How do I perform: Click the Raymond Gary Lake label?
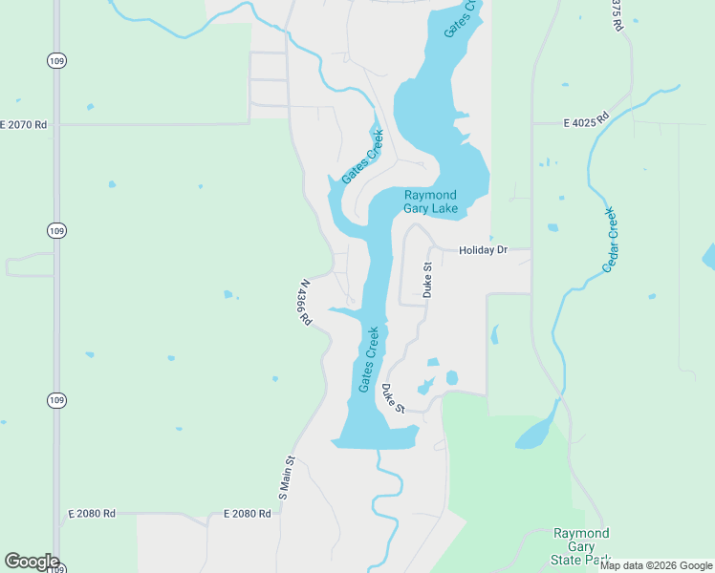(x=430, y=202)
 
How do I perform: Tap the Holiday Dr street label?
(x=482, y=250)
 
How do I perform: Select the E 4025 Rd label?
(x=586, y=122)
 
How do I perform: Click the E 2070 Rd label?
(x=23, y=124)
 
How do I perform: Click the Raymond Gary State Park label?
(x=581, y=546)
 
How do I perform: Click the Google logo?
(x=31, y=562)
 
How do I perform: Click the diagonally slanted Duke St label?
(x=393, y=398)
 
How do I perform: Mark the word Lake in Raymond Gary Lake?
(x=444, y=208)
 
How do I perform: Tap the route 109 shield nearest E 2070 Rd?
(x=56, y=60)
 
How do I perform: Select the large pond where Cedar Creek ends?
(x=533, y=435)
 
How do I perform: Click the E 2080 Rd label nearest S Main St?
(x=247, y=514)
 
